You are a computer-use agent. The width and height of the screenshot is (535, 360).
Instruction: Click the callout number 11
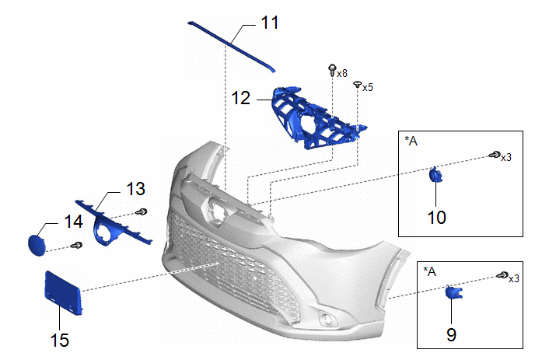point(269,23)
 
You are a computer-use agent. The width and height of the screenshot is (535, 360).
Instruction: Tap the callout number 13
point(135,190)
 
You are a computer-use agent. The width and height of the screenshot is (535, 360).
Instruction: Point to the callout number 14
point(73,222)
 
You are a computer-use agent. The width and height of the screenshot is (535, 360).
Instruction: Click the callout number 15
point(59,339)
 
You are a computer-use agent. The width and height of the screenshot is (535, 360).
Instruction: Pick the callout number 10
point(437,216)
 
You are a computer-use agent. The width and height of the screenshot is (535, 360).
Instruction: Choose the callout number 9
point(452,334)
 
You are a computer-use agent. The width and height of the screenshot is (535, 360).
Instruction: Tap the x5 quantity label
point(367,87)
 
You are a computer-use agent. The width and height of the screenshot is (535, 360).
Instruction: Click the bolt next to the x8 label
point(333,71)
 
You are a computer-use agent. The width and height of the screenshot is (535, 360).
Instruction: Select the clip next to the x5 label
point(357,84)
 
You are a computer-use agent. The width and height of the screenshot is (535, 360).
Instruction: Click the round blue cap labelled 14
point(36,244)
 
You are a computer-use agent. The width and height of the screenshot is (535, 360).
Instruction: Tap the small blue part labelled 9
point(453,293)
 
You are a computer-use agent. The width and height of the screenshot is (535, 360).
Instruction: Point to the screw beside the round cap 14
point(76,246)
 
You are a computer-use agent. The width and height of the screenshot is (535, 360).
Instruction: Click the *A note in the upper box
point(412,141)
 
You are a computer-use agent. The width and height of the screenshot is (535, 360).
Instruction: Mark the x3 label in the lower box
point(514,278)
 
